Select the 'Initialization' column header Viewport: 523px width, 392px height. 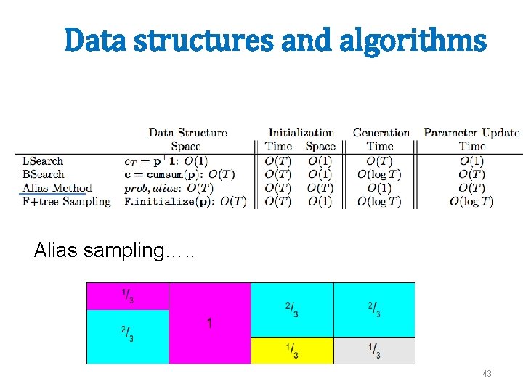[301, 133]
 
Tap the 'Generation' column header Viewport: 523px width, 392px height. [381, 133]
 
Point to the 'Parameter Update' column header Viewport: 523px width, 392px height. [471, 133]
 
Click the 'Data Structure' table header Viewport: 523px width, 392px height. [187, 133]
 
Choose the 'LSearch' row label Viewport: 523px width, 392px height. [43, 160]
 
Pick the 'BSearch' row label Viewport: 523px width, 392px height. [43, 174]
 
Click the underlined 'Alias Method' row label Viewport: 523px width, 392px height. [57, 188]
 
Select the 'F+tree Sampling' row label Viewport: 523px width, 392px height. [66, 202]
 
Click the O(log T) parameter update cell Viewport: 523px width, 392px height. [471, 202]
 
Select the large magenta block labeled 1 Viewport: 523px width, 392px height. [209, 323]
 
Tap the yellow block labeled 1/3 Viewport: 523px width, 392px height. [291, 351]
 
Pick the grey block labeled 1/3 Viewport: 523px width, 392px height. [374, 351]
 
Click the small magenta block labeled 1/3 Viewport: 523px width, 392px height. [127, 296]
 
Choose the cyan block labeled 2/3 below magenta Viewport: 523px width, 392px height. [127, 336]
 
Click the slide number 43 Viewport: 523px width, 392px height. [487, 374]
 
